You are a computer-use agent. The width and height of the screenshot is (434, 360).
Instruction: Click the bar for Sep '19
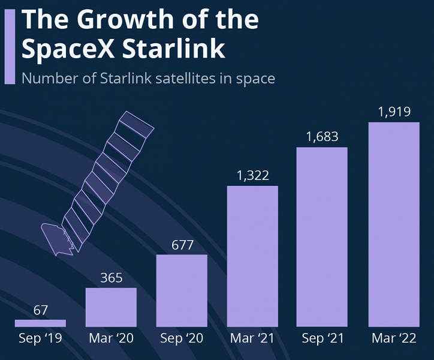pyautogui.click(x=40, y=323)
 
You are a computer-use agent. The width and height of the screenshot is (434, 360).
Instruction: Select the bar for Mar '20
pyautogui.click(x=111, y=307)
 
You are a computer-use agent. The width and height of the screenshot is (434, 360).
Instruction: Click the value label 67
pyautogui.click(x=40, y=310)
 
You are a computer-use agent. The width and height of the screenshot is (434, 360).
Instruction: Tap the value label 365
pyautogui.click(x=111, y=278)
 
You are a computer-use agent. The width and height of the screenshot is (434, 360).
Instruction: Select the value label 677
pyautogui.click(x=182, y=245)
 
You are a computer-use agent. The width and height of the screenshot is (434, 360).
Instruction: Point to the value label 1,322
pyautogui.click(x=252, y=176)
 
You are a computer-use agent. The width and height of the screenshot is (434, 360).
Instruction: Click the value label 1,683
pyautogui.click(x=323, y=137)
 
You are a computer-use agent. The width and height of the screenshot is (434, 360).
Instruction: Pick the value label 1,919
pyautogui.click(x=394, y=112)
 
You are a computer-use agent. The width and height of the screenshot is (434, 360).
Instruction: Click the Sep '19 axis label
pyautogui.click(x=40, y=339)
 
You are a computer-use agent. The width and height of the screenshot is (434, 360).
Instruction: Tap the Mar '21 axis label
pyautogui.click(x=252, y=339)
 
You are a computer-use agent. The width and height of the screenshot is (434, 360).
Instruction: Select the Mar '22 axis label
pyautogui.click(x=394, y=339)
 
